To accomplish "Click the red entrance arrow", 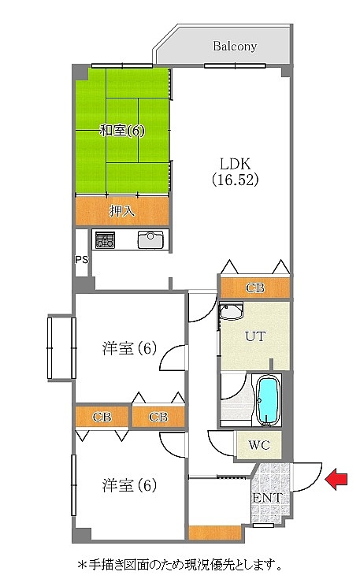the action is point(336,479).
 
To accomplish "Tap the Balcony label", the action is point(235,46).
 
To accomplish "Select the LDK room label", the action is point(236,163).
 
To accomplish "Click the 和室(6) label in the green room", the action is point(122,130).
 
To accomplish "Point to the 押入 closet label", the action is point(122,211).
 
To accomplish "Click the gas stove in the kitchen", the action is point(106,239).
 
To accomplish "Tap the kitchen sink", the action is point(150,239).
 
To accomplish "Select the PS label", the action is point(82,260).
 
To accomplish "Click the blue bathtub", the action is point(267,401).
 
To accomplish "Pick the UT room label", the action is point(255,336).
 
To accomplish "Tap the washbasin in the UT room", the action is point(231,312).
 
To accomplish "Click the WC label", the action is point(259,445).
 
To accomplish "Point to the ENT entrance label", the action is point(268,497).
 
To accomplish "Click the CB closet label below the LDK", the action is point(255,288).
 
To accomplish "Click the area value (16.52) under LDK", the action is point(236,180).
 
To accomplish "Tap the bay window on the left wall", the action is point(61,347).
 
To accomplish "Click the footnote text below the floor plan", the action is point(180,565).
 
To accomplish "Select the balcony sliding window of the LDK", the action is point(235,66).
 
